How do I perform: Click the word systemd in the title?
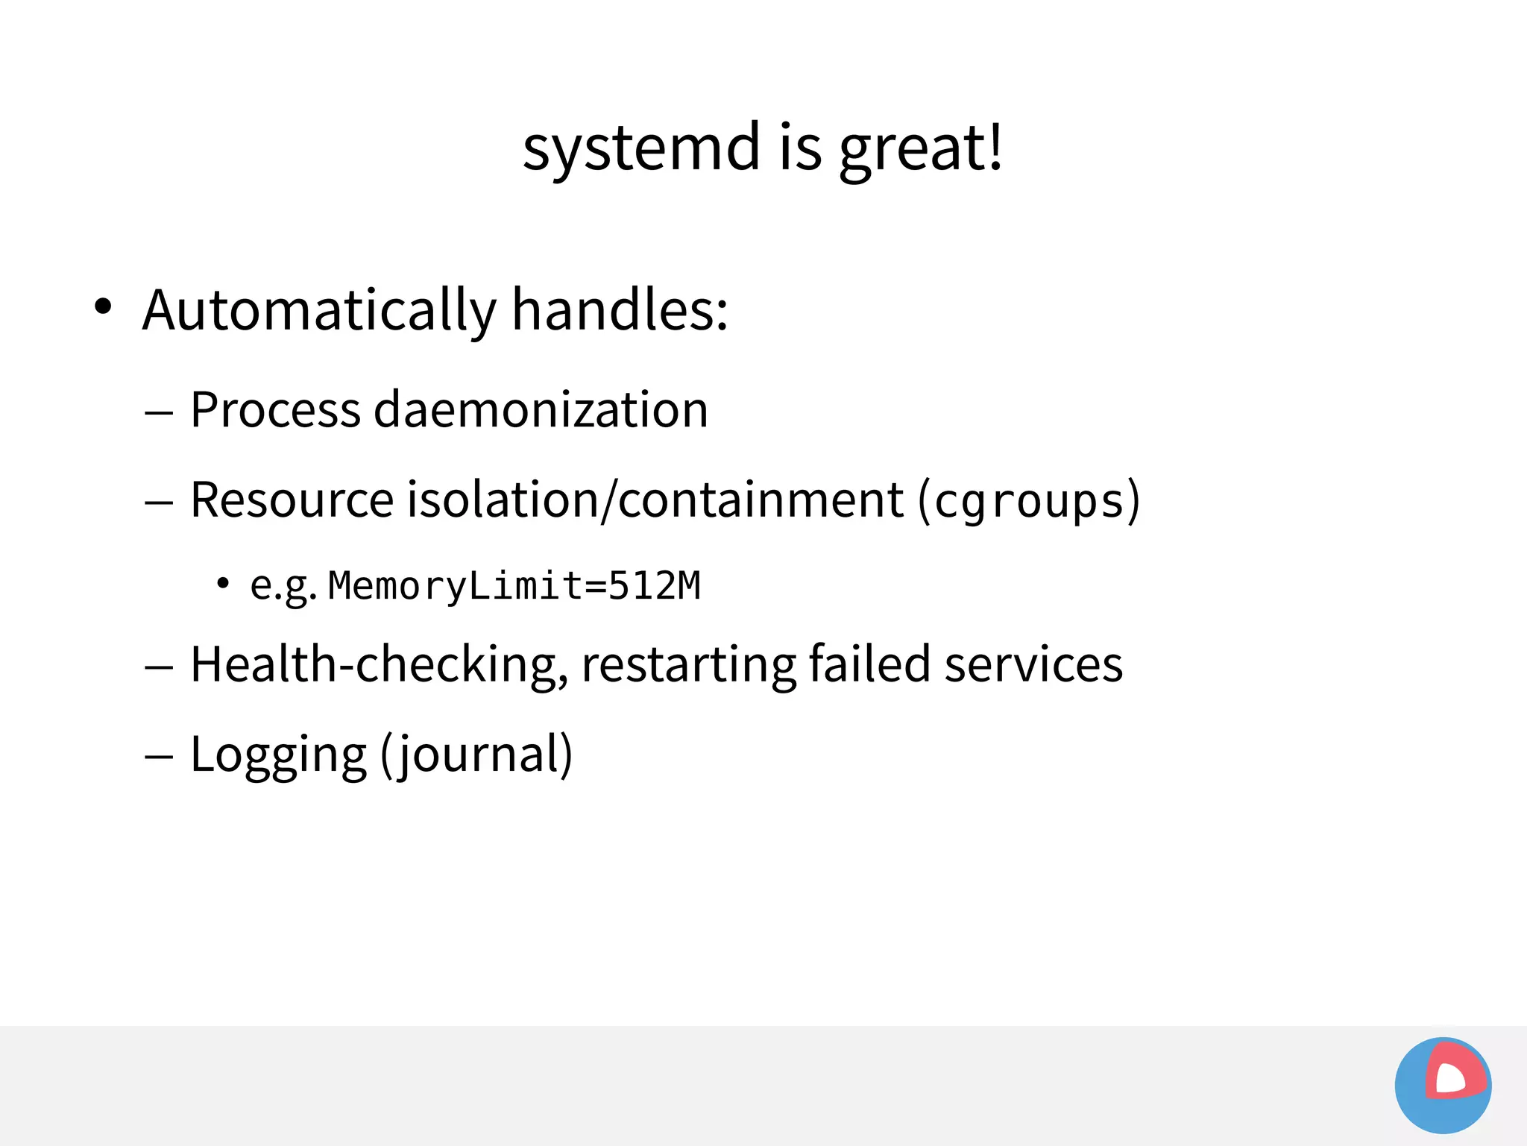640,148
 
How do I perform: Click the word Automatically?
319,309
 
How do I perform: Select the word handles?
620,309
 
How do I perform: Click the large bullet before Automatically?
103,306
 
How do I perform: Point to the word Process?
275,409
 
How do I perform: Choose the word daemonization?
541,409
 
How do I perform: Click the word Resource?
292,500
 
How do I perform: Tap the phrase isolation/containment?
655,500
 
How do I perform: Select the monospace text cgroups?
1029,501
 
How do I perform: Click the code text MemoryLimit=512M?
514,585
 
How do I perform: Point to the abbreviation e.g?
283,586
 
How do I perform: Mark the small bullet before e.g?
222,582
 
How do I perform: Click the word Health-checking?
379,664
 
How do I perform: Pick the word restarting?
687,664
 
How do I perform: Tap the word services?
1033,664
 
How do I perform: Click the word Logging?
278,755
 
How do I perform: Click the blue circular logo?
1443,1085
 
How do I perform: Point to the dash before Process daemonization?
159,412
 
